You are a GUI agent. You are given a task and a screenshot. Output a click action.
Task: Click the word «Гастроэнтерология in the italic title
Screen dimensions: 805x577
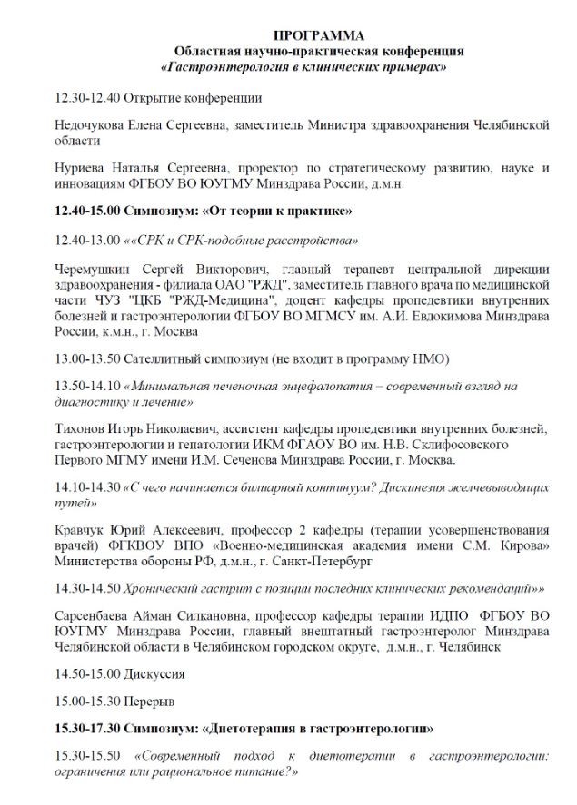(x=224, y=67)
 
